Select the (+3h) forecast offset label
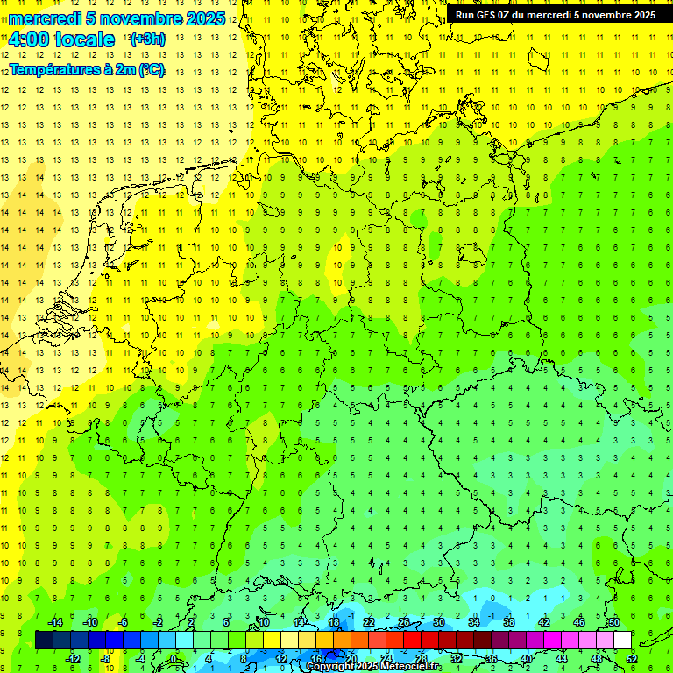pyautogui.click(x=146, y=39)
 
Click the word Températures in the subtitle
pyautogui.click(x=52, y=70)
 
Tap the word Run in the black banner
pyautogui.click(x=465, y=15)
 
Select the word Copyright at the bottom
pyautogui.click(x=330, y=667)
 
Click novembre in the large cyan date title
pyautogui.click(x=140, y=18)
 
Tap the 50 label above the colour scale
pyautogui.click(x=613, y=622)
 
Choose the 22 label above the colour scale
pyautogui.click(x=369, y=622)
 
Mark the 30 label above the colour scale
pyautogui.click(x=439, y=622)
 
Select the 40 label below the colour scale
pyautogui.click(x=527, y=659)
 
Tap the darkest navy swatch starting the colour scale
pyautogui.click(x=44, y=641)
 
